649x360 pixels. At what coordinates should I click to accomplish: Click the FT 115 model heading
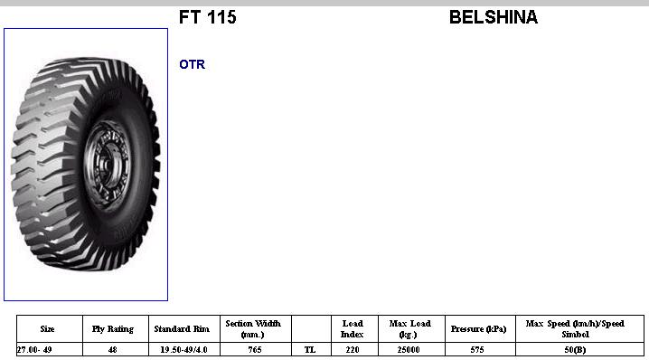click(x=207, y=17)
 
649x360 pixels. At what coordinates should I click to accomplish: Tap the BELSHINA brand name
click(x=494, y=17)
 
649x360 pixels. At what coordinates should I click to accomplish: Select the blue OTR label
click(x=192, y=64)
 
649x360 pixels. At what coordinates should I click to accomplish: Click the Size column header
click(x=48, y=329)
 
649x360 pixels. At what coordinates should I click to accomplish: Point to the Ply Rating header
click(x=113, y=329)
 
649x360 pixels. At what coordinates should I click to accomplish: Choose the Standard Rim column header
click(x=182, y=329)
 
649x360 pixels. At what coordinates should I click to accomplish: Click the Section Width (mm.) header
click(x=253, y=329)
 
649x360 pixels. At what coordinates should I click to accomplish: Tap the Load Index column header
click(x=353, y=329)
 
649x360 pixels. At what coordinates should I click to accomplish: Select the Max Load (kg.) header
click(x=409, y=329)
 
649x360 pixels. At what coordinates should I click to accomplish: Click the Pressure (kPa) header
click(x=478, y=329)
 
